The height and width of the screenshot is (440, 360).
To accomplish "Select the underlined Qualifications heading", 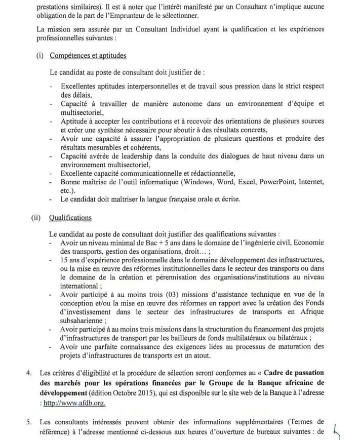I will [70, 218].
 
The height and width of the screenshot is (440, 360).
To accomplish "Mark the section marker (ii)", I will [36, 218].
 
